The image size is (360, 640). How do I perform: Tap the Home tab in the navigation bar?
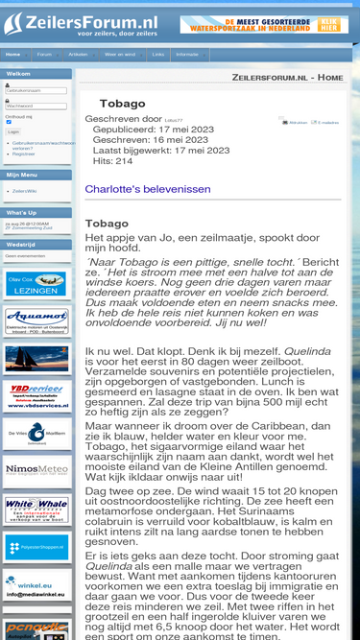tap(12, 55)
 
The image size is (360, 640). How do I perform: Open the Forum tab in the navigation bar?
tap(44, 55)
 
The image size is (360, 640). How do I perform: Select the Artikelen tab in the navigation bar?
tap(78, 55)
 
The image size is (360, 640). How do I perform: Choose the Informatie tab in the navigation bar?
tap(187, 55)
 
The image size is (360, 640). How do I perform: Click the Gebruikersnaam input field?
tap(36, 90)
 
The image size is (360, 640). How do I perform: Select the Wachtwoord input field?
tap(36, 107)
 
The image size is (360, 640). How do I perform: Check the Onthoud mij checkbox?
tap(9, 122)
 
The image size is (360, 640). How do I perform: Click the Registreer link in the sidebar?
tap(24, 154)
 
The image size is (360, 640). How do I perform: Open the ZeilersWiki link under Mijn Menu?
tap(24, 191)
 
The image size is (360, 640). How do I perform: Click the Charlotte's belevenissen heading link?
tap(148, 189)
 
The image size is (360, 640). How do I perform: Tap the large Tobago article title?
tap(123, 103)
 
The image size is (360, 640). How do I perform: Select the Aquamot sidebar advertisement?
tap(36, 321)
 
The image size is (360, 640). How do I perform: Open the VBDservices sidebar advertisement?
tap(36, 395)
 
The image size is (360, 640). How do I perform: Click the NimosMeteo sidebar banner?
tap(36, 470)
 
